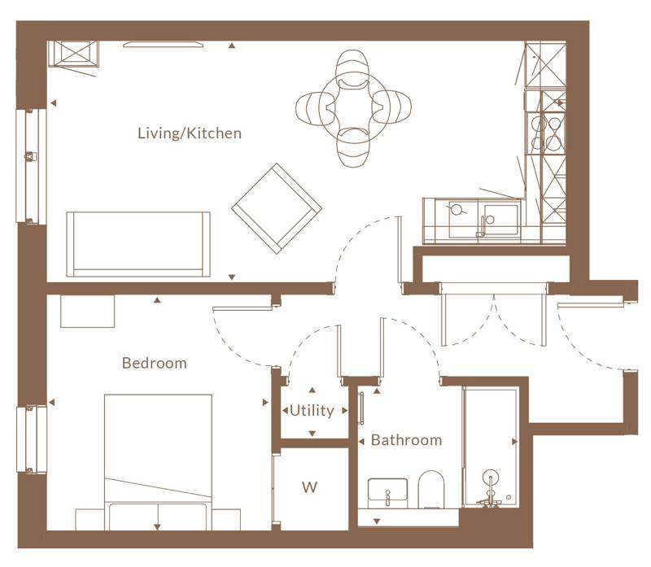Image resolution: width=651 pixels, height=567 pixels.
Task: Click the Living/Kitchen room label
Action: point(189,133)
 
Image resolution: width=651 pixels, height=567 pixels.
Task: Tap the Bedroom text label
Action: point(154,363)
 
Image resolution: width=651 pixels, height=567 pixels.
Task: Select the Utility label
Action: point(312,411)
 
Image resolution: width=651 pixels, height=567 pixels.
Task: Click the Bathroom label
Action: point(406,440)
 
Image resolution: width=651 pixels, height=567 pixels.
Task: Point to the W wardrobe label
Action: point(309,488)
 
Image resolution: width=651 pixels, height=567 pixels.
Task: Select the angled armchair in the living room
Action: point(276,207)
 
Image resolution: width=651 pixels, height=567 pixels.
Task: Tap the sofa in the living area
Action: point(138,243)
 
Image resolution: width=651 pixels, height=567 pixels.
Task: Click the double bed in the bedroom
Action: point(158,456)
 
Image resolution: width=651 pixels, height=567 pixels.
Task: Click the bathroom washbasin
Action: point(387,491)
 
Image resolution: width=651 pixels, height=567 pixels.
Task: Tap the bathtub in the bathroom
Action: point(490,447)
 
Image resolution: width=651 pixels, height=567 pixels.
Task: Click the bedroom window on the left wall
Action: point(31,438)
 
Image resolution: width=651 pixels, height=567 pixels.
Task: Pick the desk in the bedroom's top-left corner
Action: point(88,311)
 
